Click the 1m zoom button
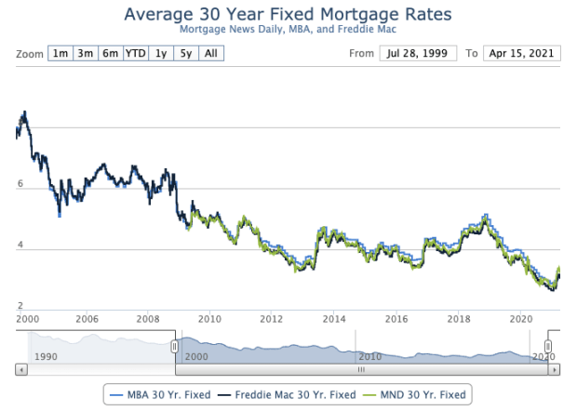point(60,53)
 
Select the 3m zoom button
point(86,53)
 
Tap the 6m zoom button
point(111,53)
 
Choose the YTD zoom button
point(137,53)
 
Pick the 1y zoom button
point(161,53)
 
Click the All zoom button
point(211,53)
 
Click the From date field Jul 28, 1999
point(417,53)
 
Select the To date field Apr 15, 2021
point(522,53)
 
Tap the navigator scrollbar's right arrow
point(556,369)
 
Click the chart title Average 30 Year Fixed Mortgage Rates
point(288,15)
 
